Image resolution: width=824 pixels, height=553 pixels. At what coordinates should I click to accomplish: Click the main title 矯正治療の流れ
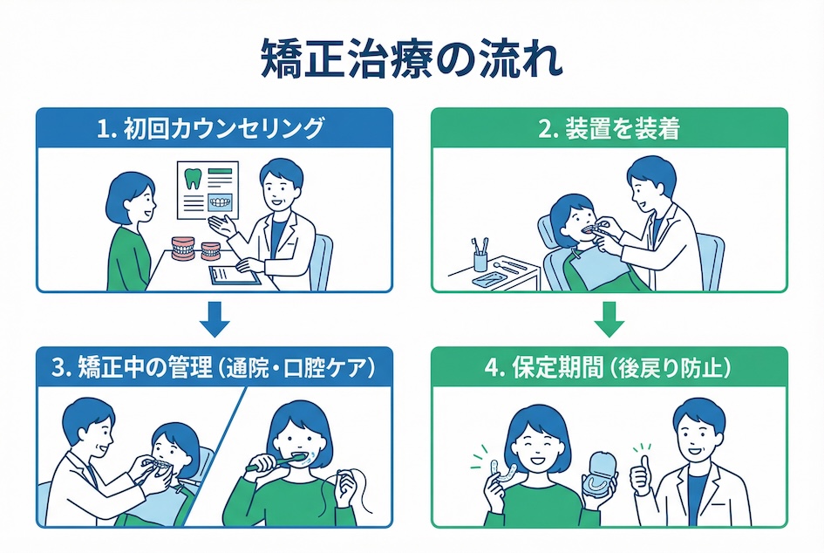click(x=412, y=61)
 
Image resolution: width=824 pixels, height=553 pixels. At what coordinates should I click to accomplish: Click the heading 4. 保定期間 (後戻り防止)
click(x=609, y=368)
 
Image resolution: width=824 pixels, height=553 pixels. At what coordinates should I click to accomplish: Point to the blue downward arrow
click(x=215, y=320)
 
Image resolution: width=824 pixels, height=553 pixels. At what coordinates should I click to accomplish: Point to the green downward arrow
click(x=609, y=320)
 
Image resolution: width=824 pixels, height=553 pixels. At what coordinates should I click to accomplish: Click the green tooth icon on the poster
click(x=194, y=178)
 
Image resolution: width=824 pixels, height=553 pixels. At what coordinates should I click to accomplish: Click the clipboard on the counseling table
click(x=234, y=275)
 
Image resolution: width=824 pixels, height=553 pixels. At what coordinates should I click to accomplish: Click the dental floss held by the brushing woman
click(x=343, y=474)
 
